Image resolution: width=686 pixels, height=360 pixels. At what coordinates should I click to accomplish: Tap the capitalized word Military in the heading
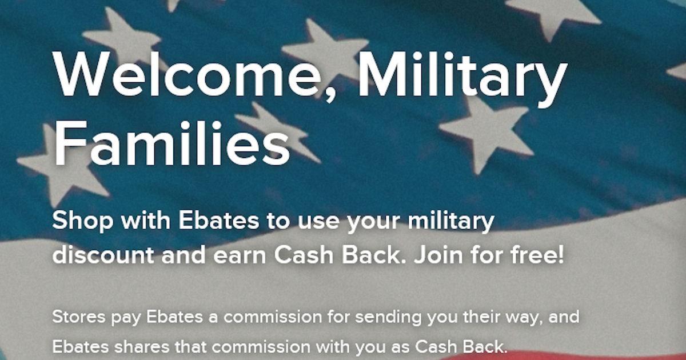462,79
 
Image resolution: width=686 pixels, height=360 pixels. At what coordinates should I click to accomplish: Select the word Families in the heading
171,143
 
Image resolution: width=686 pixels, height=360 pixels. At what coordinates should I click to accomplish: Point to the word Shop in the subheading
83,222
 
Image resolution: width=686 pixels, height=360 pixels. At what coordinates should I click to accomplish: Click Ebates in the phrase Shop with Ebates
218,221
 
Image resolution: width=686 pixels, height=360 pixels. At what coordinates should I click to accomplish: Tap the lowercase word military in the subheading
451,222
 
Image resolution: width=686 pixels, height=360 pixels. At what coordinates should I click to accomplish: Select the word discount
103,255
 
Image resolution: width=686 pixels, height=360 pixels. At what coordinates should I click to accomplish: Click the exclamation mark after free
560,255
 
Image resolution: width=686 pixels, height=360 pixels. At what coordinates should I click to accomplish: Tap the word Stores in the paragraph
79,317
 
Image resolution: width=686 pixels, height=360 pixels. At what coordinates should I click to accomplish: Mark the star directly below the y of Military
487,135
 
